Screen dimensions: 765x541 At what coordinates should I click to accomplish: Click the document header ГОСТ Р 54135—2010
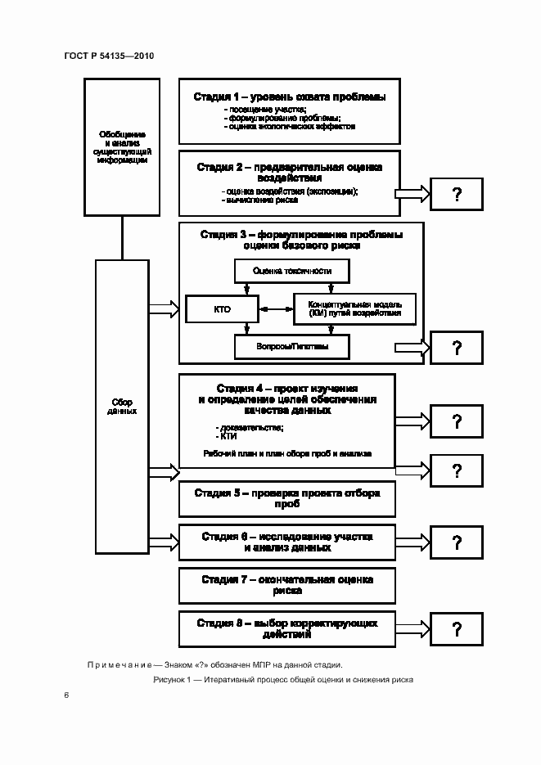click(x=109, y=56)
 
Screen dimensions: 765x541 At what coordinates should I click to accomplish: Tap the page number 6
click(x=66, y=695)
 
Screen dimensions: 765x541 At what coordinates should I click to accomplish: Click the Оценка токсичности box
click(x=282, y=272)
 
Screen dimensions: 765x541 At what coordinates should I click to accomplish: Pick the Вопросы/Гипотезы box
click(x=291, y=348)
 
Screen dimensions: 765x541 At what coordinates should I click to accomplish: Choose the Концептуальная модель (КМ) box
click(x=354, y=308)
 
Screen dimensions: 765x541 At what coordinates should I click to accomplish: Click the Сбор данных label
click(x=122, y=407)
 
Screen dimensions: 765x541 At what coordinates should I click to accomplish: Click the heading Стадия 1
click(x=289, y=97)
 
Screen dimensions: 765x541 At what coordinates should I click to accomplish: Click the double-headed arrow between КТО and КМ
click(x=276, y=309)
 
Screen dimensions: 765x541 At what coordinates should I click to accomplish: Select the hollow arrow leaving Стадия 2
click(x=413, y=194)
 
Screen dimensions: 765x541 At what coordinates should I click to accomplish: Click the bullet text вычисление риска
click(x=248, y=199)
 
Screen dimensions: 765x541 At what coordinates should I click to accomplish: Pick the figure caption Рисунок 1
click(x=282, y=680)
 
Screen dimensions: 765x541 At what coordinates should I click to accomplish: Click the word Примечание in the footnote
click(x=117, y=664)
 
